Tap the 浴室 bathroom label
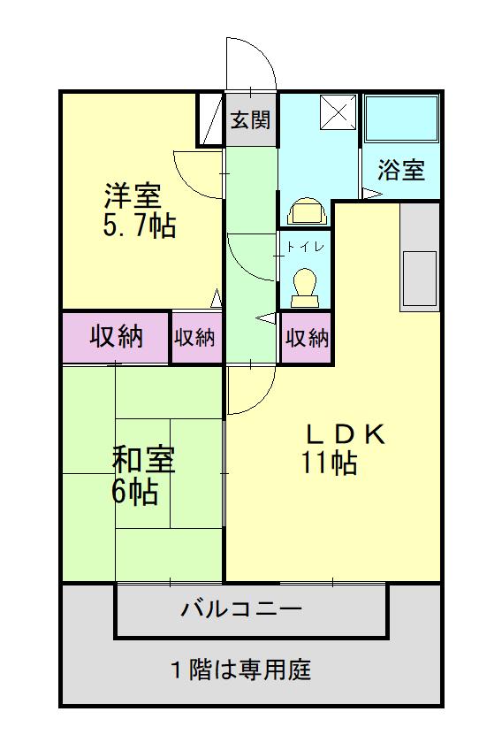(400, 170)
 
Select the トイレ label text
(304, 247)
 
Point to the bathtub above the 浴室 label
(401, 119)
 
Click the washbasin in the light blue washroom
(306, 212)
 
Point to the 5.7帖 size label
(139, 226)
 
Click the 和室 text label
(142, 462)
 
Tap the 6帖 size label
(134, 492)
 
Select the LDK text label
(346, 433)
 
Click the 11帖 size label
(331, 463)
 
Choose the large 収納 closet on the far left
(116, 337)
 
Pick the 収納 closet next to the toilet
(307, 337)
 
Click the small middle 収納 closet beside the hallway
(195, 337)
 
